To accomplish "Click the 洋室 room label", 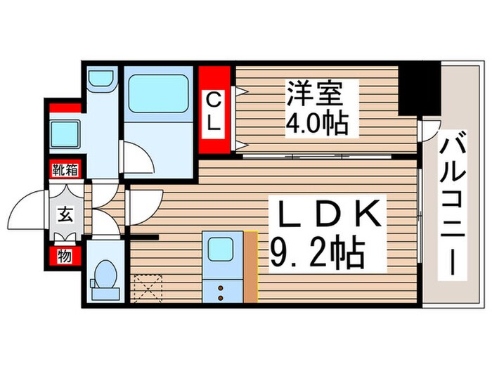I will pos(314,93).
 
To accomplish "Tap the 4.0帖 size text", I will pos(316,124).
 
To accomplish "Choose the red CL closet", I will pos(215,110).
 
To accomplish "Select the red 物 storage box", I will pos(64,257).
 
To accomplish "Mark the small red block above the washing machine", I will pos(64,108).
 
